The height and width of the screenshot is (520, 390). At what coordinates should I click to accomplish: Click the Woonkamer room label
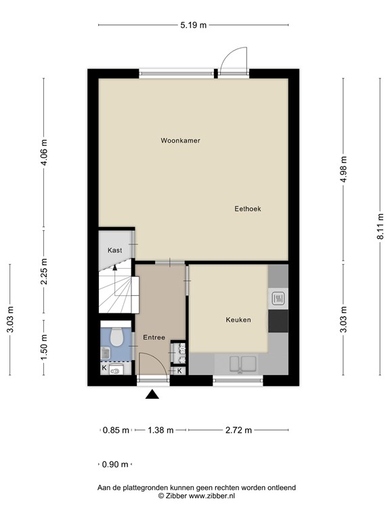[180, 141]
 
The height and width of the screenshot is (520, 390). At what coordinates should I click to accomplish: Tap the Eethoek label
[247, 209]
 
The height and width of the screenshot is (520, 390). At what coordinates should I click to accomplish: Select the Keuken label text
[238, 320]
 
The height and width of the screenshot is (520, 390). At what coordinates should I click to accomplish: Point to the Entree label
[153, 337]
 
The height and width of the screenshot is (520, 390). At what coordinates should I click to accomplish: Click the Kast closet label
[114, 251]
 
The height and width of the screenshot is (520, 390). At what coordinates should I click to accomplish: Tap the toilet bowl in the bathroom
[116, 334]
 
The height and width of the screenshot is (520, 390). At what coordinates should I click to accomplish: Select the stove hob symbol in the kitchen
[278, 298]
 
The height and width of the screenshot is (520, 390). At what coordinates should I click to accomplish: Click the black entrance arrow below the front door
[153, 395]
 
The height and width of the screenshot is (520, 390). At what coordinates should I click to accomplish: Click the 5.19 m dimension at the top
[193, 25]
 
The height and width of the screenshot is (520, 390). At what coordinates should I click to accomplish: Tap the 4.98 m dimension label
[343, 170]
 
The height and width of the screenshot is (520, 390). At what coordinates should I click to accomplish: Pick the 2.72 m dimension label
[238, 430]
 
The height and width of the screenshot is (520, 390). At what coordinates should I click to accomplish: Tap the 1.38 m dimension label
[160, 430]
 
